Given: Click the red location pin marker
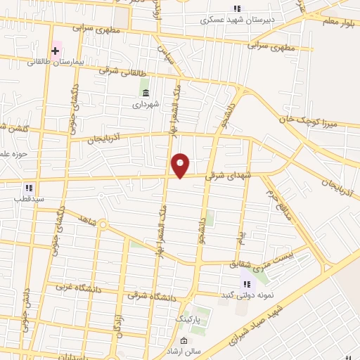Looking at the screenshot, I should click(181, 165).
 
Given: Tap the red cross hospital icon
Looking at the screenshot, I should click(55, 51).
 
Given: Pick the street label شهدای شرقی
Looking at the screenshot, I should click(224, 178).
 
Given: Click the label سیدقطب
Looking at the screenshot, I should click(27, 198).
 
